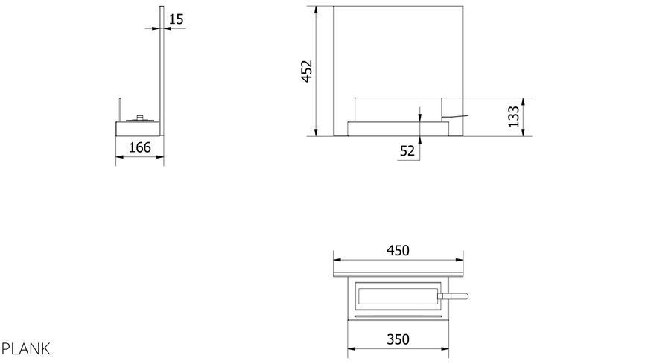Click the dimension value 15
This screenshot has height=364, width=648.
click(x=176, y=19)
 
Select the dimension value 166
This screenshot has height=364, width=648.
click(x=140, y=147)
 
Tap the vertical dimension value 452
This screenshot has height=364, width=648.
click(x=307, y=71)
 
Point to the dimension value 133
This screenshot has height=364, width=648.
click(x=513, y=117)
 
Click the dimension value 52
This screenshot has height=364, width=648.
click(x=407, y=151)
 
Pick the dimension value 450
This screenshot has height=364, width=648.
click(x=398, y=250)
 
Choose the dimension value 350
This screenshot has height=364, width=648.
click(x=398, y=339)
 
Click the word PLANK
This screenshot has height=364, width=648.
click(x=25, y=349)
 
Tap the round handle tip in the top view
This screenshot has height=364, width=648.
click(x=465, y=296)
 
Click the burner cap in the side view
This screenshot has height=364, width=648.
click(x=141, y=118)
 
